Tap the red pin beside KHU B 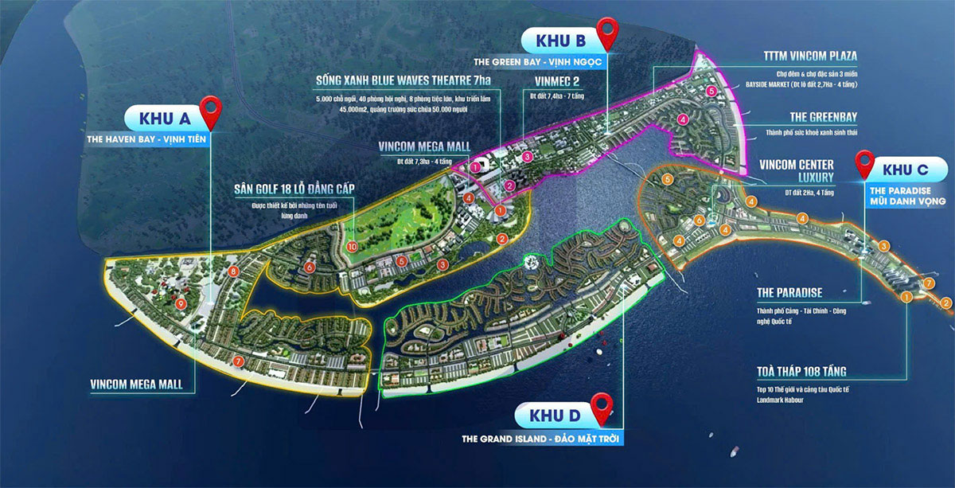point(609,33)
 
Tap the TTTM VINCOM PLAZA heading point(812,56)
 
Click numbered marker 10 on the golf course point(353,247)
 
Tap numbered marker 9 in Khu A point(181,303)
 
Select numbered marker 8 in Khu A point(233,271)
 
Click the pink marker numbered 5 point(711,92)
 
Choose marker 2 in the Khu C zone point(945,303)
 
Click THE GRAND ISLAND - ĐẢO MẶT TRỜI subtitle point(542,439)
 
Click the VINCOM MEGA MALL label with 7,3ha point(424,146)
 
